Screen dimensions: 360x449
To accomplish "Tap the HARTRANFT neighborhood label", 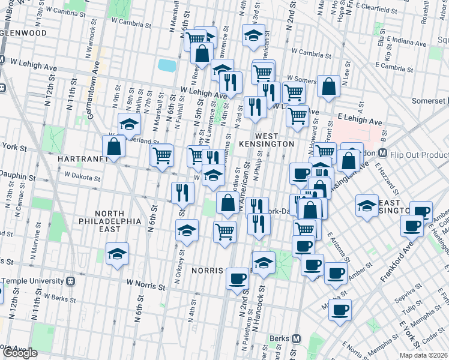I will [83, 159].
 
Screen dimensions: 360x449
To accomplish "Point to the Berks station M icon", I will [295, 338].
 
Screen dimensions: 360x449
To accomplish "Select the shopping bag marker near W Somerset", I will [329, 88].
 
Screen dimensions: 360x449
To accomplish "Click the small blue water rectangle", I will [167, 65].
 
